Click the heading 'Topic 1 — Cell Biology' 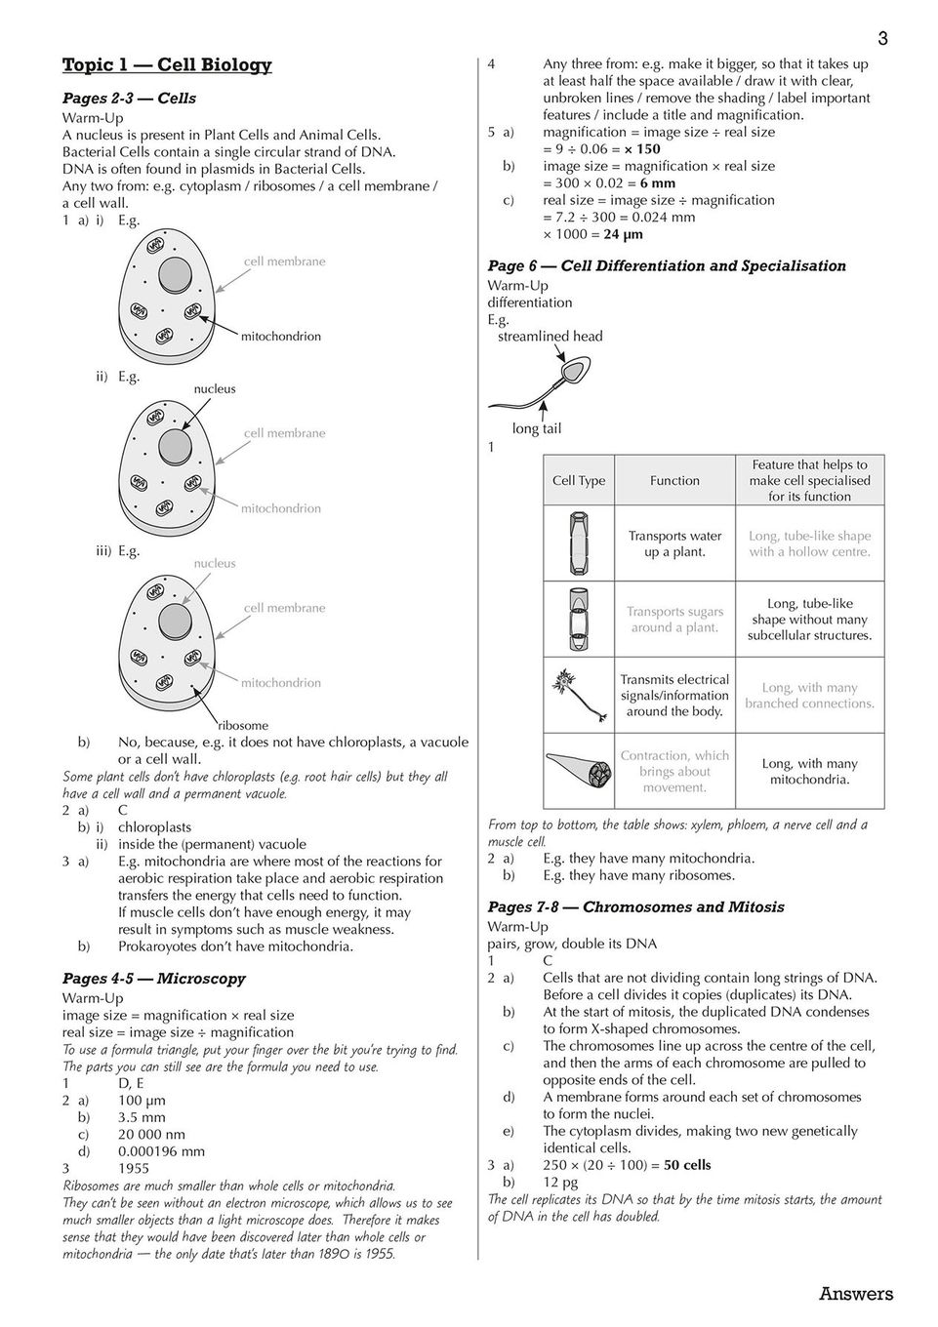coord(167,65)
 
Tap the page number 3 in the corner coord(882,40)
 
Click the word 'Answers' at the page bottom coord(856,1294)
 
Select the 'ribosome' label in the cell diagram coord(243,725)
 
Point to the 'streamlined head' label coord(551,337)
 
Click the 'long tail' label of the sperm coord(537,428)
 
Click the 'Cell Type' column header coord(579,480)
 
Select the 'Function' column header coord(674,480)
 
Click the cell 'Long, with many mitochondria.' coord(809,772)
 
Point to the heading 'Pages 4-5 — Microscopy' coord(154,979)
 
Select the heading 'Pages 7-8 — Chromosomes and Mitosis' coord(635,907)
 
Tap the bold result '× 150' coord(642,149)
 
